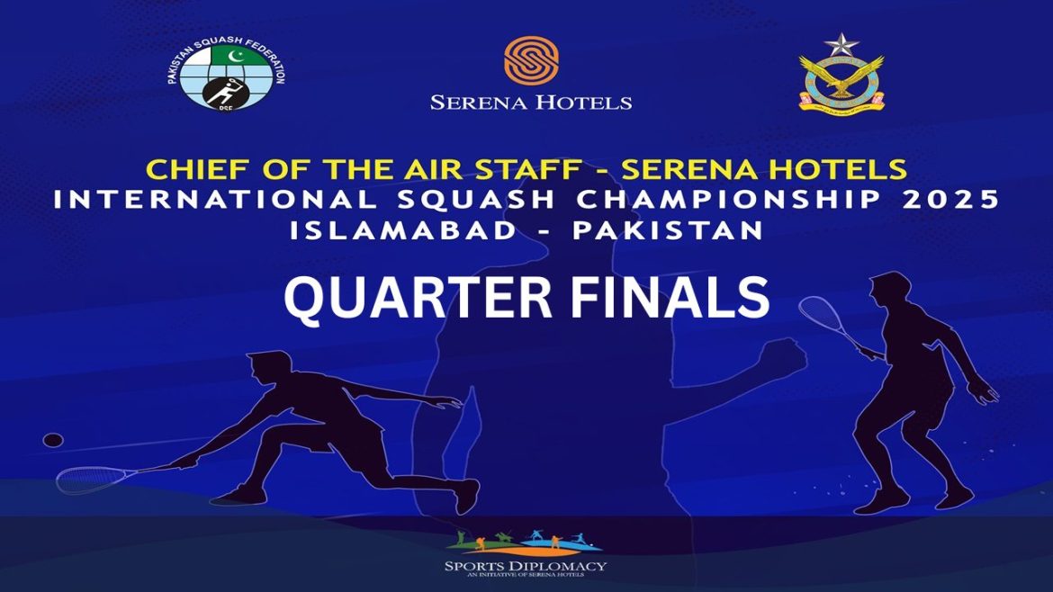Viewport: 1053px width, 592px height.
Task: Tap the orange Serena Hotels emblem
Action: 531,61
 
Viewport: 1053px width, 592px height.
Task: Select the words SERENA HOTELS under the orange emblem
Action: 531,103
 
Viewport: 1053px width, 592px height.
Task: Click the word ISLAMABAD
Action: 403,229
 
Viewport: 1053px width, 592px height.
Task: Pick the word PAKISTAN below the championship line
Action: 667,229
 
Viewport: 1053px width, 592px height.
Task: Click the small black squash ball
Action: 54,440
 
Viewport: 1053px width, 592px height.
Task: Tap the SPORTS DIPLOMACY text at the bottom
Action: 526,566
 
